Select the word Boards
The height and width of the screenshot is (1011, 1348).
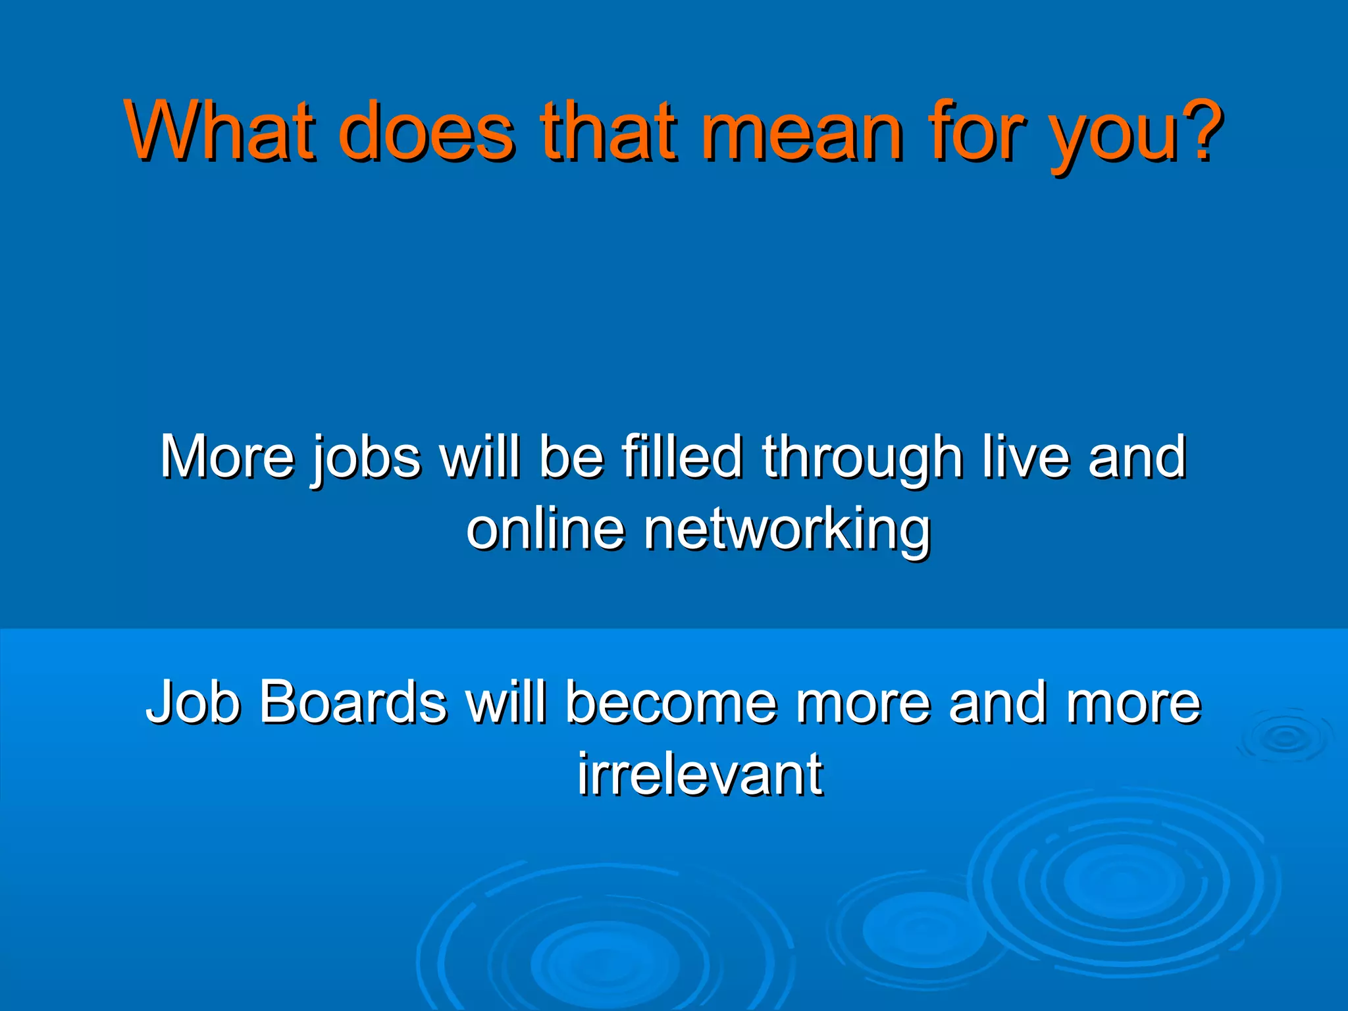353,702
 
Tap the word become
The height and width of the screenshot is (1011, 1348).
671,702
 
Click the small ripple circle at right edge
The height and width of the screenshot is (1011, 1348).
1284,738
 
